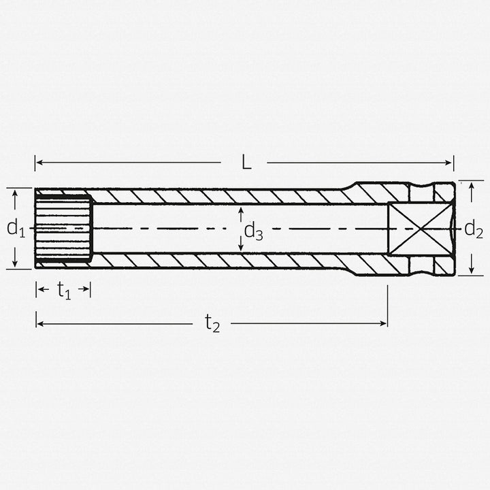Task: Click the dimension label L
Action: click(x=246, y=163)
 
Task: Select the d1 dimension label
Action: click(x=15, y=229)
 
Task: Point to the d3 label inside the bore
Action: click(x=254, y=232)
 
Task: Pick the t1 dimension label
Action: click(x=63, y=291)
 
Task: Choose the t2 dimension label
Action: click(x=212, y=325)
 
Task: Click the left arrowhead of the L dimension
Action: click(x=39, y=163)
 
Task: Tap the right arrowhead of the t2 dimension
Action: click(x=384, y=324)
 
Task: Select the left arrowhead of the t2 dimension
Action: click(x=39, y=324)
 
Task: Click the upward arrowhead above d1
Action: click(x=15, y=193)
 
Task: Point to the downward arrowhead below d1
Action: click(x=15, y=264)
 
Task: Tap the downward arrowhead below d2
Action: click(x=472, y=271)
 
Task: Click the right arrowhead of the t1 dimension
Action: click(x=87, y=290)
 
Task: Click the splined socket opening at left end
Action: click(x=63, y=229)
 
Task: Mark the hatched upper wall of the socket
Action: click(x=225, y=196)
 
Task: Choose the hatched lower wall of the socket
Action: click(x=225, y=261)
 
